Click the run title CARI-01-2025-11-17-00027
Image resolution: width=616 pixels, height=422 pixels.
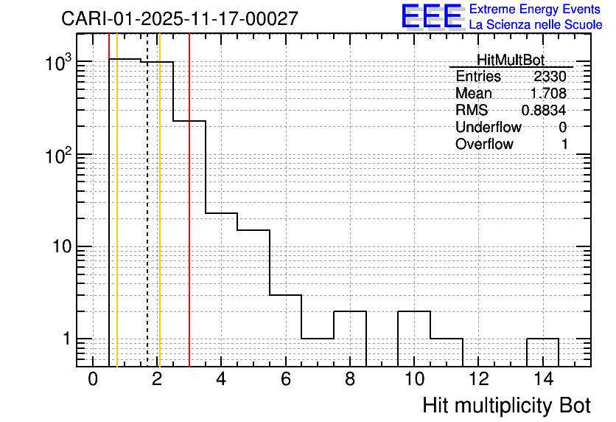(180, 18)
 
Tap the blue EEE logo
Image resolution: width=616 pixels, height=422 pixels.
(432, 16)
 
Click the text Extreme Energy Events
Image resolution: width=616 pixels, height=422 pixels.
(535, 9)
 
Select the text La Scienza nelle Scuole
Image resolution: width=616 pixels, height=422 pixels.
(536, 25)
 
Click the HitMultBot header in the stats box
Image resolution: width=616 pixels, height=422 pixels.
(511, 60)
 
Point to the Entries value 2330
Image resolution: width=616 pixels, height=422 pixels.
(550, 76)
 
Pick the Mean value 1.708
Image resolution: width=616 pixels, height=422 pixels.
(548, 93)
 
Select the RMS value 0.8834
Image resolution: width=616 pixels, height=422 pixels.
(544, 111)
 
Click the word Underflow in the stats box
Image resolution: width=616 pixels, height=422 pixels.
(489, 127)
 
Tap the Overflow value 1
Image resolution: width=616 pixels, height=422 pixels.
(564, 145)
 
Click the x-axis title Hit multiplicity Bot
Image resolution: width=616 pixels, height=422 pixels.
(506, 406)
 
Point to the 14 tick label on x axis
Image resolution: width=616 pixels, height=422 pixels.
(543, 379)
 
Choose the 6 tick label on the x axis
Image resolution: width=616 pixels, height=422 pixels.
(286, 379)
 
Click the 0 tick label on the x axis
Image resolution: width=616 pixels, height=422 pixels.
(93, 379)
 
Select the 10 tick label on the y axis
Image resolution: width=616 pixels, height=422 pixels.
(62, 246)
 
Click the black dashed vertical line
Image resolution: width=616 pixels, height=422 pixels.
(147, 200)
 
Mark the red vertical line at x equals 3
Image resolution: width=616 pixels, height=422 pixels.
(189, 200)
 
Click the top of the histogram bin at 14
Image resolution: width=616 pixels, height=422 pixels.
(542, 339)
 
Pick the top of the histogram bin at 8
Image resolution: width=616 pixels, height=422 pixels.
(350, 311)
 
